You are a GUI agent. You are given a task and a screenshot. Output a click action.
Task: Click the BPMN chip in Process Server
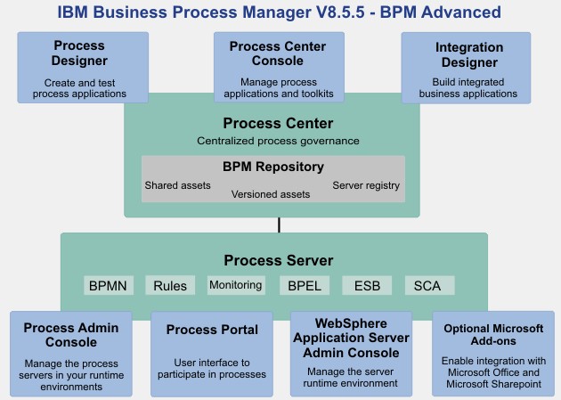coord(109,285)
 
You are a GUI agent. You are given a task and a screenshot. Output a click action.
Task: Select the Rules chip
coord(170,285)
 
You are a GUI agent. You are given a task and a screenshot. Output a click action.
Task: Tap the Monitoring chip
coord(236,285)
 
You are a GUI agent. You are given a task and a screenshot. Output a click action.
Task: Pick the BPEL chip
coord(305,285)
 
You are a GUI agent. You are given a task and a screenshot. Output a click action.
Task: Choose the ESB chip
coord(367,285)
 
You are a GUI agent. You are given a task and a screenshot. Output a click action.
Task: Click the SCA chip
coord(430,285)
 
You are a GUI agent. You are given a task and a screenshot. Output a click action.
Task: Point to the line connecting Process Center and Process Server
coord(279,225)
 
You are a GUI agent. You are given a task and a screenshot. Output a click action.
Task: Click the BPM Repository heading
coord(273,167)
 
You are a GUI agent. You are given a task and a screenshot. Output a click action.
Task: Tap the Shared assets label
coord(177,185)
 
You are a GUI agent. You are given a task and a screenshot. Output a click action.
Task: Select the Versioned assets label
coord(271,194)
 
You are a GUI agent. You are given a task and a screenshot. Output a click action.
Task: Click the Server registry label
coord(366,185)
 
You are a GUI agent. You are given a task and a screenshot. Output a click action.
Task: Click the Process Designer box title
coord(79,53)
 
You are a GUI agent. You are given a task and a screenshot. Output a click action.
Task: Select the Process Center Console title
coord(278,53)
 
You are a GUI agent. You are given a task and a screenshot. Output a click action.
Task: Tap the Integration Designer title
coord(469,54)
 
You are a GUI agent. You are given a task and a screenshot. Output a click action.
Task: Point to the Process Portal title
coord(212,330)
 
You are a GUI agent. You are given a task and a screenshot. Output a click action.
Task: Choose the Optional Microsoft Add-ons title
coord(493,335)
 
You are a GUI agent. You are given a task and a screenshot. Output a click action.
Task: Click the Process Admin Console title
coord(71,335)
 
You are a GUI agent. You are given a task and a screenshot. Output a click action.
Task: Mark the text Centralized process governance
coord(278,141)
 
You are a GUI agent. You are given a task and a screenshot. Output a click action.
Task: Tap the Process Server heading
coord(279,260)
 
